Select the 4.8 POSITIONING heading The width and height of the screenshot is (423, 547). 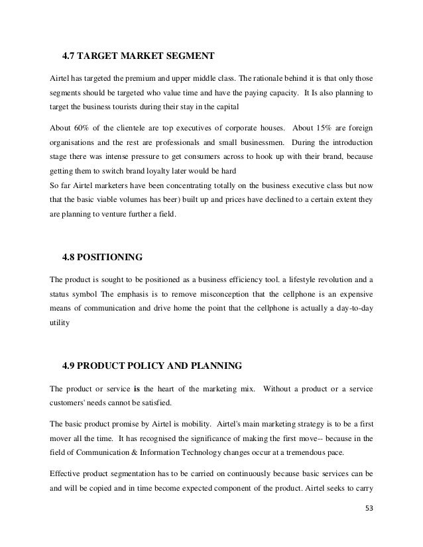pos(102,256)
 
